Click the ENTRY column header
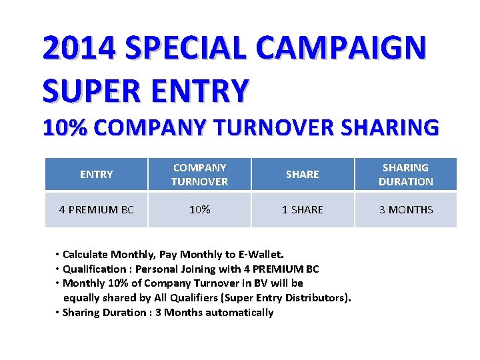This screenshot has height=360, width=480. pos(96,175)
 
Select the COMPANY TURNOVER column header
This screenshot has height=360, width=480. pos(199,175)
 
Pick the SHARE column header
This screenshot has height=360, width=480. pos(302,175)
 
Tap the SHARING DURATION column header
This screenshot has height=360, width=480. pos(405,175)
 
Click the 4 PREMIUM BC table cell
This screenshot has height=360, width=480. pos(96,210)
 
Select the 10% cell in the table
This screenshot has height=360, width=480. pos(199,210)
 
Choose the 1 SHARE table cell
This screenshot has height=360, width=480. pos(302,210)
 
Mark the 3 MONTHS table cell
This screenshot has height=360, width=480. pos(405,210)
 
